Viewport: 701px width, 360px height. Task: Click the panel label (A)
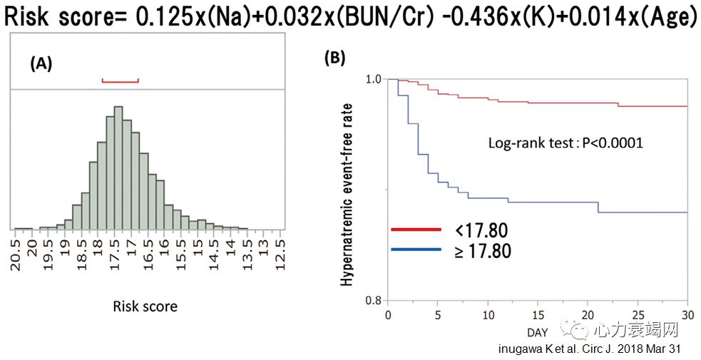[x=41, y=63]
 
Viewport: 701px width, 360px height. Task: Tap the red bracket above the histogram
[x=120, y=80]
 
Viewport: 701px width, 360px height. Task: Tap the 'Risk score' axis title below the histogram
[x=145, y=307]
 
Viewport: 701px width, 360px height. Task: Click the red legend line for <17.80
[x=417, y=230]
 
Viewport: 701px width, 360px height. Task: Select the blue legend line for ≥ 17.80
[x=417, y=250]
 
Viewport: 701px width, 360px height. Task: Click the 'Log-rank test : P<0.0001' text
[x=566, y=143]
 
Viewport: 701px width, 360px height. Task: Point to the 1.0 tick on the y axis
[x=374, y=78]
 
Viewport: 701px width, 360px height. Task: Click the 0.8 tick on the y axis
[x=374, y=300]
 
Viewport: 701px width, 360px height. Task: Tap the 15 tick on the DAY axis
[x=538, y=314]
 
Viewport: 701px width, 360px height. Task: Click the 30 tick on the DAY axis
[x=687, y=314]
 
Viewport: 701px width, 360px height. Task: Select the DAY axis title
[x=538, y=332]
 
